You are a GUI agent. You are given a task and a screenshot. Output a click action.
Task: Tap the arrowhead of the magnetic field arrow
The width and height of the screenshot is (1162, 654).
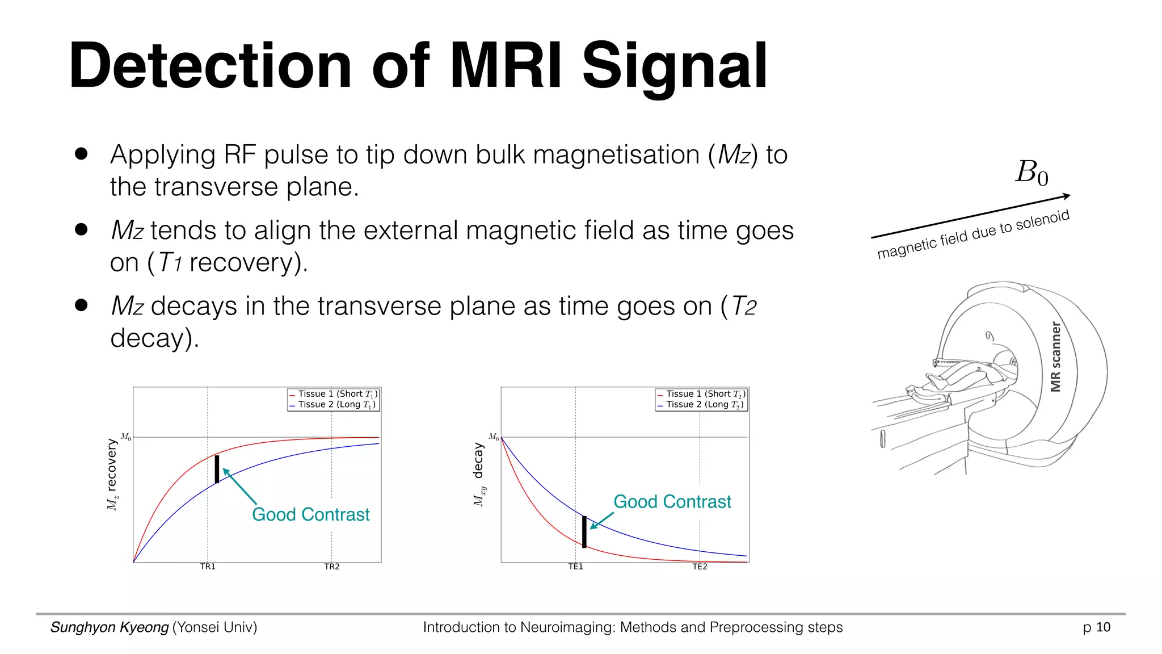pyautogui.click(x=1066, y=196)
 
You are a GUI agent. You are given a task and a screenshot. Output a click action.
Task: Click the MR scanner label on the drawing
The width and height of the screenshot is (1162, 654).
pyautogui.click(x=1055, y=357)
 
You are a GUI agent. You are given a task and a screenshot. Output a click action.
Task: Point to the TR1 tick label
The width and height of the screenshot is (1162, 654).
pyautogui.click(x=208, y=567)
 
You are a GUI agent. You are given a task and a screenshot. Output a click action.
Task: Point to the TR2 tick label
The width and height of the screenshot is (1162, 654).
pyautogui.click(x=332, y=567)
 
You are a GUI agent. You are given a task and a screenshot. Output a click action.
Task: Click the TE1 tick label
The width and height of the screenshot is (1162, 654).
pyautogui.click(x=575, y=567)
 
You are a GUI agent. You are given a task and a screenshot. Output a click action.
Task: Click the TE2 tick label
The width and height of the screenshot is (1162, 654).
pyautogui.click(x=700, y=567)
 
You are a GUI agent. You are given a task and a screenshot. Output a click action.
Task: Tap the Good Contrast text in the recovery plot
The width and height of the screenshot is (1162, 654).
pyautogui.click(x=310, y=514)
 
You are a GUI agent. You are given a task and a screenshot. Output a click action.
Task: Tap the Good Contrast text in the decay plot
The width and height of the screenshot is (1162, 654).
pyautogui.click(x=672, y=502)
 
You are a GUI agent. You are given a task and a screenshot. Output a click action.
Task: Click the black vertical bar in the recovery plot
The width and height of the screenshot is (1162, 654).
pyautogui.click(x=217, y=469)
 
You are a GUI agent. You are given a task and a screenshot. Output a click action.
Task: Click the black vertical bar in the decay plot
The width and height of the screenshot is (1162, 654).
pyautogui.click(x=584, y=531)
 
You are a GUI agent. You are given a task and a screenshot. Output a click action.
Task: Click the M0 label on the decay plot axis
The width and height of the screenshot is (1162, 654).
pyautogui.click(x=494, y=437)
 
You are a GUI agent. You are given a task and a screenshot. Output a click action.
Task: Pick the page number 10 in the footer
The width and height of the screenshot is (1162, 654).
pyautogui.click(x=1103, y=627)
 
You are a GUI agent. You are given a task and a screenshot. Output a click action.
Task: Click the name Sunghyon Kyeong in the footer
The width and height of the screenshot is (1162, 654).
pyautogui.click(x=110, y=627)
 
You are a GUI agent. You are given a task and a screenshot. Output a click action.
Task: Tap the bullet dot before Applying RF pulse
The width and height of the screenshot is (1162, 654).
pyautogui.click(x=81, y=154)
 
